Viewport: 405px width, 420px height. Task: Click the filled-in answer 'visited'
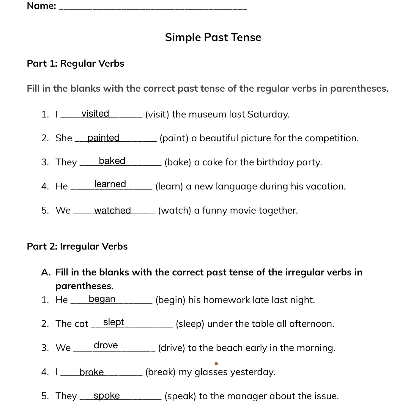[95, 114]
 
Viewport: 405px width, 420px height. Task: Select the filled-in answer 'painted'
[103, 138]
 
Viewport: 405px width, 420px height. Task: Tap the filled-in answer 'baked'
[112, 161]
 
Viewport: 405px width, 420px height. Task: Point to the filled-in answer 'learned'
[110, 184]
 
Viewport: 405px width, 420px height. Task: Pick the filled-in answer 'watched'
[112, 211]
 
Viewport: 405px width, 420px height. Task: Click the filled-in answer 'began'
[102, 299]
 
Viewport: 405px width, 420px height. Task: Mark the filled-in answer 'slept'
[114, 322]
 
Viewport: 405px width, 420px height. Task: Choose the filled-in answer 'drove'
[106, 345]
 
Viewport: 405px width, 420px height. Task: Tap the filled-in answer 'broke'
[92, 372]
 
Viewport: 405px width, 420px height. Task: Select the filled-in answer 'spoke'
[107, 396]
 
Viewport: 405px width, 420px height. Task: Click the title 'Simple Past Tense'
[213, 37]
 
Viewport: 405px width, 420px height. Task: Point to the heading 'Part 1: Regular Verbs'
[75, 63]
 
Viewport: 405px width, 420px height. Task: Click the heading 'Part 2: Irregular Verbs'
[77, 246]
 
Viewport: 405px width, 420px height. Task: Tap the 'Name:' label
[41, 6]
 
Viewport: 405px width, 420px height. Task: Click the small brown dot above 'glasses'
[216, 363]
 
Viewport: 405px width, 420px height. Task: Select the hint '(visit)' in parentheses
[157, 115]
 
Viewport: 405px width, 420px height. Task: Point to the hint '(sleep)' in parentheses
[190, 324]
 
